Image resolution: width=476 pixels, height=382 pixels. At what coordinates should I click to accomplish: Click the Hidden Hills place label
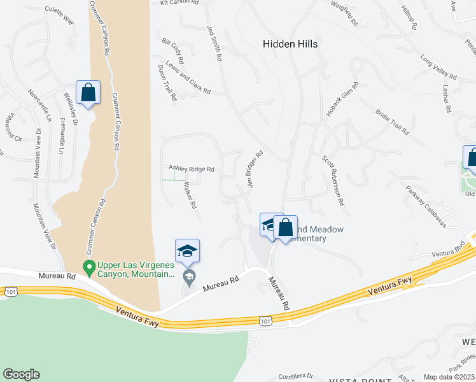[x=290, y=45]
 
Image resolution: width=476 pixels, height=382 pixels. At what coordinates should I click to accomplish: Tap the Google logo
[x=21, y=374]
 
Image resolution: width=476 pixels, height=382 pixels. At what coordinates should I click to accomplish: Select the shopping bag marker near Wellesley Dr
[x=88, y=92]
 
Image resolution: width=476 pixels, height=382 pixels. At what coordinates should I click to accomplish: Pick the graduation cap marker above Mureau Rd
[x=187, y=251]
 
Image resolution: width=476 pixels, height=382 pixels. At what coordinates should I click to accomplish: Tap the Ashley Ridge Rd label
[x=191, y=169]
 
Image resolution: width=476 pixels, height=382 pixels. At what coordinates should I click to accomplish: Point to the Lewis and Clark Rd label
[x=188, y=78]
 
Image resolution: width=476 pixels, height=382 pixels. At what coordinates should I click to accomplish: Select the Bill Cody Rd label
[x=173, y=51]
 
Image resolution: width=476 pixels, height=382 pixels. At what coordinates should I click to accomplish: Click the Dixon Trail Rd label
[x=167, y=83]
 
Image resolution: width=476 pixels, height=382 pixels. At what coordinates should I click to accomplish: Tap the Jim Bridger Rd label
[x=255, y=169]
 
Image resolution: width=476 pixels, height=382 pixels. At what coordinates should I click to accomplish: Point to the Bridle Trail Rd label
[x=392, y=121]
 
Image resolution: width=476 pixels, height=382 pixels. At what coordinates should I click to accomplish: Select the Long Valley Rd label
[x=435, y=68]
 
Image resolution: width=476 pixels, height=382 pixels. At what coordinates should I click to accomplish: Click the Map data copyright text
[x=449, y=377]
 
